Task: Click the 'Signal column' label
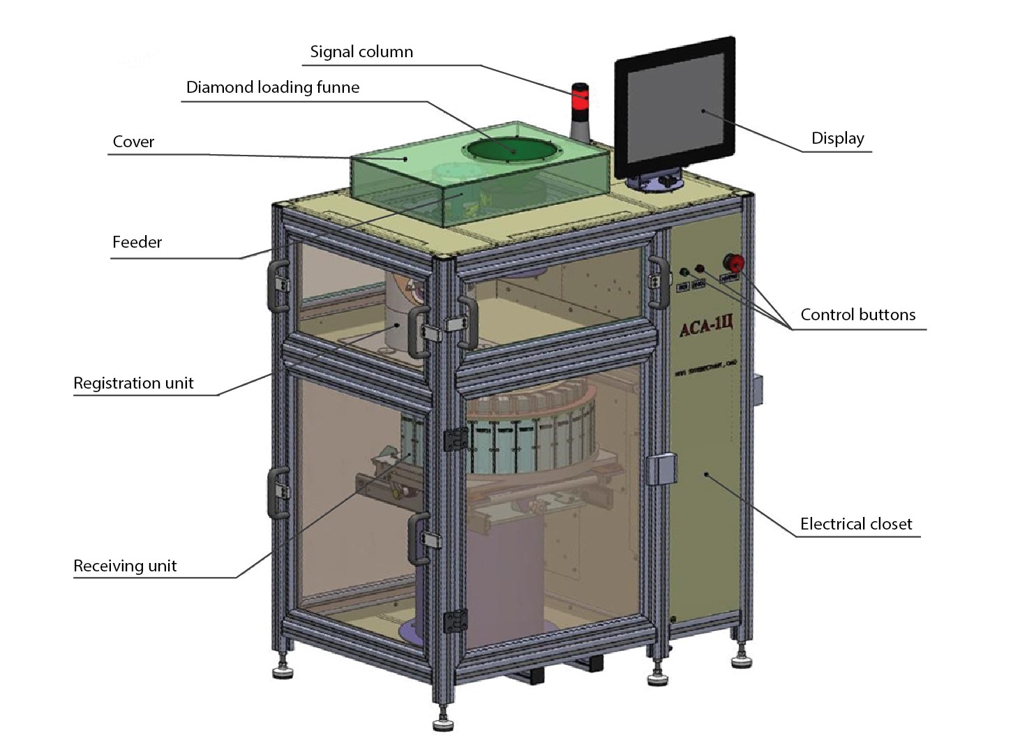coord(361,52)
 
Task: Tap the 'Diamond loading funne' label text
coord(273,87)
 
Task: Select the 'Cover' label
coord(133,142)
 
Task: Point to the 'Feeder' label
coord(137,242)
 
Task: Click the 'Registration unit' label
coord(133,383)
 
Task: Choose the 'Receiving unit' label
coord(125,566)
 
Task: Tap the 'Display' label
coord(837,138)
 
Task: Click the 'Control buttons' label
coord(857,315)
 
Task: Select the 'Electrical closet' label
coord(856,524)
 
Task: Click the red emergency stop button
coord(735,263)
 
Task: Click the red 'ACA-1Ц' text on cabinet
coord(706,325)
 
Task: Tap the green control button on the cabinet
coord(684,272)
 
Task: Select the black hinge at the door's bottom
coord(456,620)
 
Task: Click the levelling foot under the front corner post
coord(442,723)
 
